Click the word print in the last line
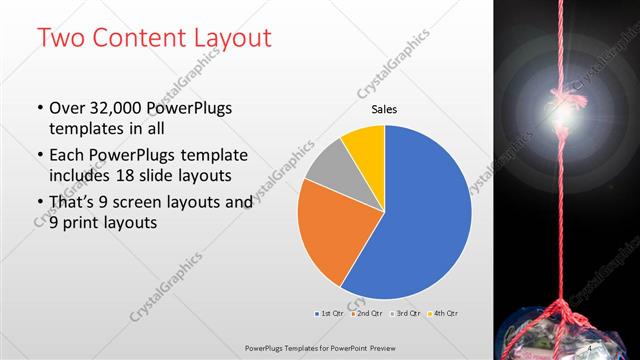(88, 223)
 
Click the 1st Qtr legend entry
(329, 314)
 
